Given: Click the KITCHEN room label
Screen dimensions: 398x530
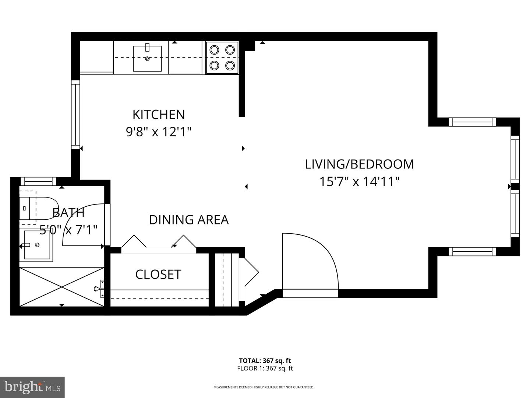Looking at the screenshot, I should pos(158,114).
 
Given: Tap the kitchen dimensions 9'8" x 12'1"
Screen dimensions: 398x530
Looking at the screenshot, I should pos(159,132).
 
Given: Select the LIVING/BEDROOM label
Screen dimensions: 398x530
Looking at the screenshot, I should pos(359,164).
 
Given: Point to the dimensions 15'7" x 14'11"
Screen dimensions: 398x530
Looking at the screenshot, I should pos(359,182).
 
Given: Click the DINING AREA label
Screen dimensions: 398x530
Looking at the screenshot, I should pos(188,220).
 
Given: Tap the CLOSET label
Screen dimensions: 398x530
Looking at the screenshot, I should pos(158,275).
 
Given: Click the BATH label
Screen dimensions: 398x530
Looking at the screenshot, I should pos(68,213).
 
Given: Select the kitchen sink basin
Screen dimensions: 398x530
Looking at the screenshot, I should pos(147,59).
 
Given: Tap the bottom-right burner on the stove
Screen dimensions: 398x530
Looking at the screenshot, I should pos(230,66).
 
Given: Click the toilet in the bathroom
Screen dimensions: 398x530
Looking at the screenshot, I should pos(37,209).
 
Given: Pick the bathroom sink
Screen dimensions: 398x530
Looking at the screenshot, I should pos(38,245).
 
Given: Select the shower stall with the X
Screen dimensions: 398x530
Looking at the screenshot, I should pos(61,287).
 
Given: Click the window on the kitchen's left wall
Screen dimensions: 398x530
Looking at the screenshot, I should pos(75,115).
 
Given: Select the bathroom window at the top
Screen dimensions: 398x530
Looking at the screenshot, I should pos(38,181).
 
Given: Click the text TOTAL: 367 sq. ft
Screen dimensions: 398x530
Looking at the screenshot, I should pos(265,361).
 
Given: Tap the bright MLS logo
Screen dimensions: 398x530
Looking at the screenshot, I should pos(32,387).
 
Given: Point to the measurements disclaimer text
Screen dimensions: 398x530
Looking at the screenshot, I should pos(264,387).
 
